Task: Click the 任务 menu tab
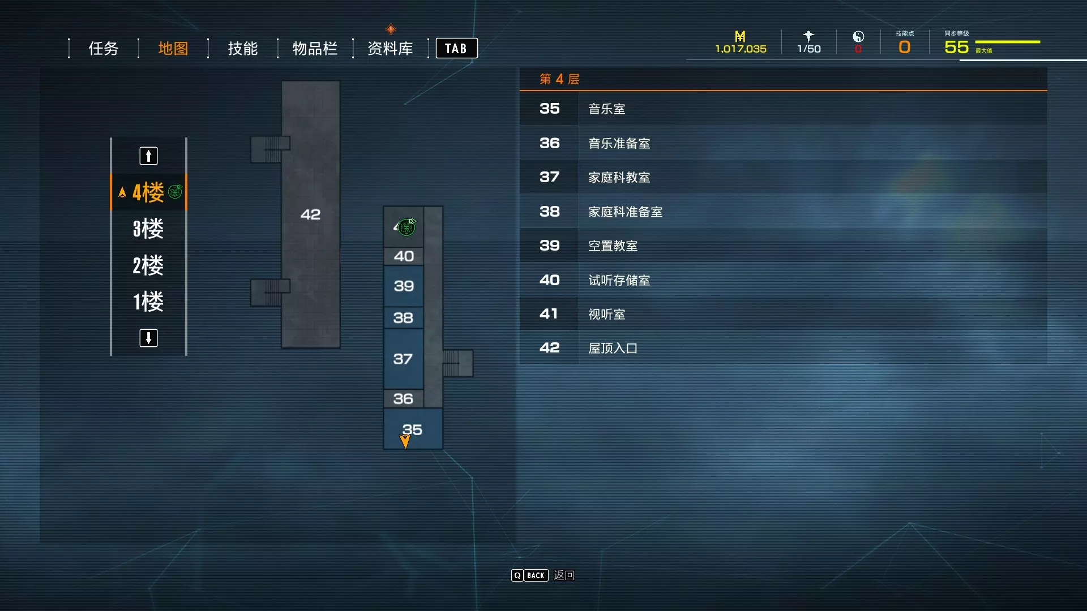coord(103,49)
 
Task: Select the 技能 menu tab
coord(242,49)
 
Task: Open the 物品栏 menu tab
coord(315,49)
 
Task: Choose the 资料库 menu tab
coord(390,49)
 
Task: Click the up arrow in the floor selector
coord(148,156)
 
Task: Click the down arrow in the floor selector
coord(148,338)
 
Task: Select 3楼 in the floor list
coord(148,229)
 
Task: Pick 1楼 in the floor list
coord(148,302)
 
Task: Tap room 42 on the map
coord(310,214)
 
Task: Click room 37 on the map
coord(403,359)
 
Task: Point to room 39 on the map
coord(404,286)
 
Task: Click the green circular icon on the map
coord(406,227)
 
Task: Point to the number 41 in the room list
coord(549,314)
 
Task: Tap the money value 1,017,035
coord(741,49)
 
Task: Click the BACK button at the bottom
coord(536,575)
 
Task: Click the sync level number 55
coord(956,47)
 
